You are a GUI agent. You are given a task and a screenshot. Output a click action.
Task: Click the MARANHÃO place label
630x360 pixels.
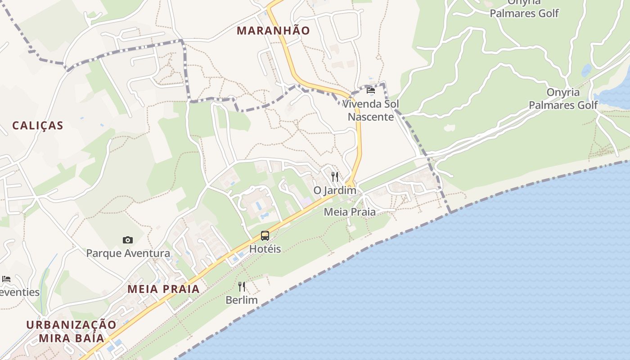(x=273, y=31)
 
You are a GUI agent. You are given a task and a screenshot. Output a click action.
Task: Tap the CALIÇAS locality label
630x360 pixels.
(x=38, y=126)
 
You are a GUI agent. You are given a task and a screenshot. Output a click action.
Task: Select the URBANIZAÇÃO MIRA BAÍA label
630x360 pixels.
(x=71, y=331)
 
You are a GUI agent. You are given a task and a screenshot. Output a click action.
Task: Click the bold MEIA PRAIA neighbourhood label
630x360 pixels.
(x=163, y=289)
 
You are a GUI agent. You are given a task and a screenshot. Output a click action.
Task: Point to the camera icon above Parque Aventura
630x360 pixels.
(x=128, y=240)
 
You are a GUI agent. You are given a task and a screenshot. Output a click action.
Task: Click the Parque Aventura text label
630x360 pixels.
(x=128, y=253)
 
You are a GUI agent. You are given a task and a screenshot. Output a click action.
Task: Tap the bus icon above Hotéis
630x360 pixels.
(x=265, y=236)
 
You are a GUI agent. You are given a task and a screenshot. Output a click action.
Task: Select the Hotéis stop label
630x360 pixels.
(x=265, y=249)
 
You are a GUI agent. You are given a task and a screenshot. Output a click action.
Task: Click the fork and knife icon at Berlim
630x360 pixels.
(x=242, y=287)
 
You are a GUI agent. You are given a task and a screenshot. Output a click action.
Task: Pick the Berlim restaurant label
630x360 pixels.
(x=242, y=300)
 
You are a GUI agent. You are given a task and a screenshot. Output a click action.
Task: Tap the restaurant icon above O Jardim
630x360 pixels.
(x=335, y=177)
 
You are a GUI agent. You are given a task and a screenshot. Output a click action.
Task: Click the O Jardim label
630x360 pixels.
(x=335, y=190)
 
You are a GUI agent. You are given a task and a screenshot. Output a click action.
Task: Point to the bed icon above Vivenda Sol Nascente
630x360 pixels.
(x=371, y=90)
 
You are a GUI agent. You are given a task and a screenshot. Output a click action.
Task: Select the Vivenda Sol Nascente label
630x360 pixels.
(x=371, y=110)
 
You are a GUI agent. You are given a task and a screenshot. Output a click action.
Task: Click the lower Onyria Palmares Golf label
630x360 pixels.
(x=563, y=99)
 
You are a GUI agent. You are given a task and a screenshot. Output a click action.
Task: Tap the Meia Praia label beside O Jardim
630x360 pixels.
(x=350, y=211)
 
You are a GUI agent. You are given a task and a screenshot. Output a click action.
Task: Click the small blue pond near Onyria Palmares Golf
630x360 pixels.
(x=586, y=71)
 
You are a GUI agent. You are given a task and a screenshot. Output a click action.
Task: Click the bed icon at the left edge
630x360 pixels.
(x=6, y=279)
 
